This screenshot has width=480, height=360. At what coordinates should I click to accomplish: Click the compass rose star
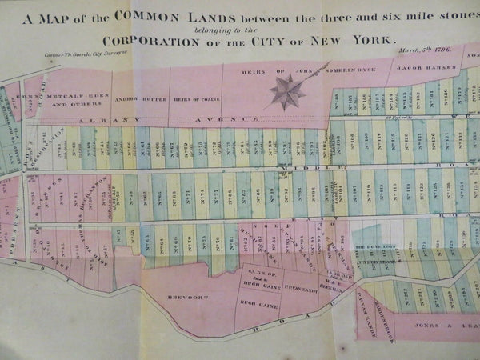(287, 90)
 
